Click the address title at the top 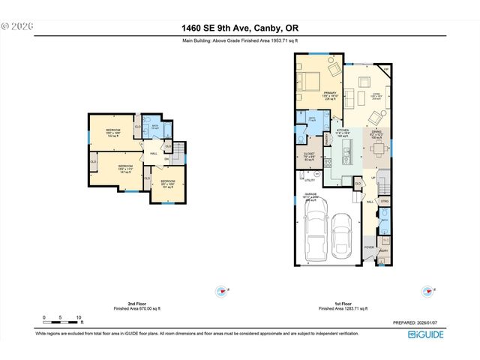(240, 28)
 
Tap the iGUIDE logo (426, 334)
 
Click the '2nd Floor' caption (136, 304)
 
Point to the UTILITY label (309, 181)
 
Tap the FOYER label (369, 246)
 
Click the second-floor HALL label (154, 154)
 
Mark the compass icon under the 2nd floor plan (221, 291)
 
